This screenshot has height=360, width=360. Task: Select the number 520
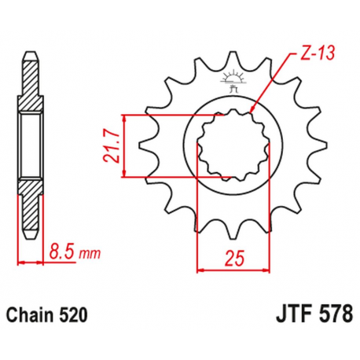[73, 314]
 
